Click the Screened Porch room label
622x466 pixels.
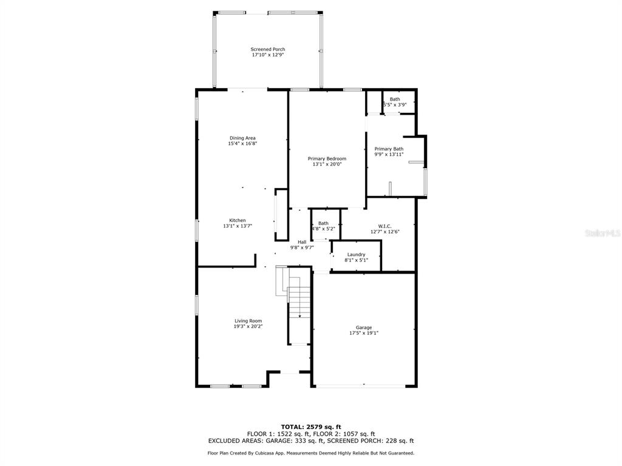tap(268, 49)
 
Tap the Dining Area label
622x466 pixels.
tap(242, 138)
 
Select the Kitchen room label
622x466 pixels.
tap(238, 220)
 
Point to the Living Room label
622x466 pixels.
tap(248, 321)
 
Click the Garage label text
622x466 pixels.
tap(364, 328)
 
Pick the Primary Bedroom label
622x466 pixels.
tap(327, 158)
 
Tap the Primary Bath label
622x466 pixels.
tap(389, 149)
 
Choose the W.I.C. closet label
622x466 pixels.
tap(384, 226)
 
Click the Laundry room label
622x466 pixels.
tap(356, 254)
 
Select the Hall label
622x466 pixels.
tap(302, 242)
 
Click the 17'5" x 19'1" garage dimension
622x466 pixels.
tap(364, 333)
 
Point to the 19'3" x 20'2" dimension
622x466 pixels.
tap(248, 326)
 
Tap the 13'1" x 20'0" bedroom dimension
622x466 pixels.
tap(327, 164)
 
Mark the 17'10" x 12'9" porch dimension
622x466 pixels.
tap(268, 55)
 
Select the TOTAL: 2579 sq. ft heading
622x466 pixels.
tap(311, 427)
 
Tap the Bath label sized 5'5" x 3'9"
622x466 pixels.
tap(395, 99)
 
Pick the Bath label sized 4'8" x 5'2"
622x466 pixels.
tap(323, 223)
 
